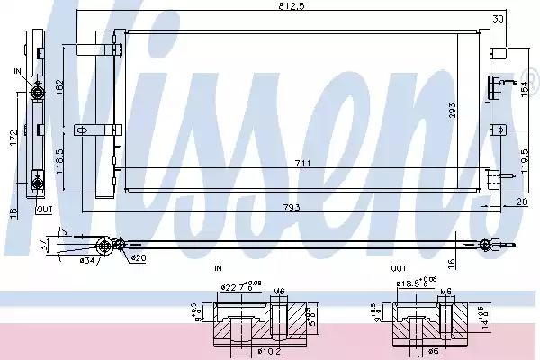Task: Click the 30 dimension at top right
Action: pyautogui.click(x=499, y=18)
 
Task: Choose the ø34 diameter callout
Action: pyautogui.click(x=87, y=261)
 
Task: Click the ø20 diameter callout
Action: pyautogui.click(x=137, y=258)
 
